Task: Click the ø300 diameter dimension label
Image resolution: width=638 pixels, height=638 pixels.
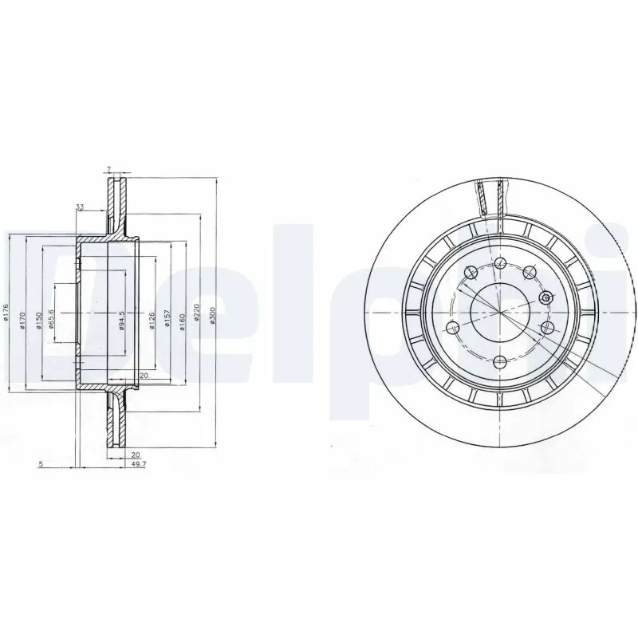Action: coord(211,317)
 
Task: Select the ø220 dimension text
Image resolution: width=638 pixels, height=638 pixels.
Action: coord(195,317)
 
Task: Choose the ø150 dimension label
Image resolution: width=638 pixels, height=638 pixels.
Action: coord(36,317)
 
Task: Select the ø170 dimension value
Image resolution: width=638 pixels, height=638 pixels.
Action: coord(22,317)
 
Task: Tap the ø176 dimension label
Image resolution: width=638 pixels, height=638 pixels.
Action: coord(6,313)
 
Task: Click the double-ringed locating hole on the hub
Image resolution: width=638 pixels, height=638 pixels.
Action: coord(545,297)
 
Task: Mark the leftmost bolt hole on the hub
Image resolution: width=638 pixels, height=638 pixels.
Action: coord(453,327)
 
